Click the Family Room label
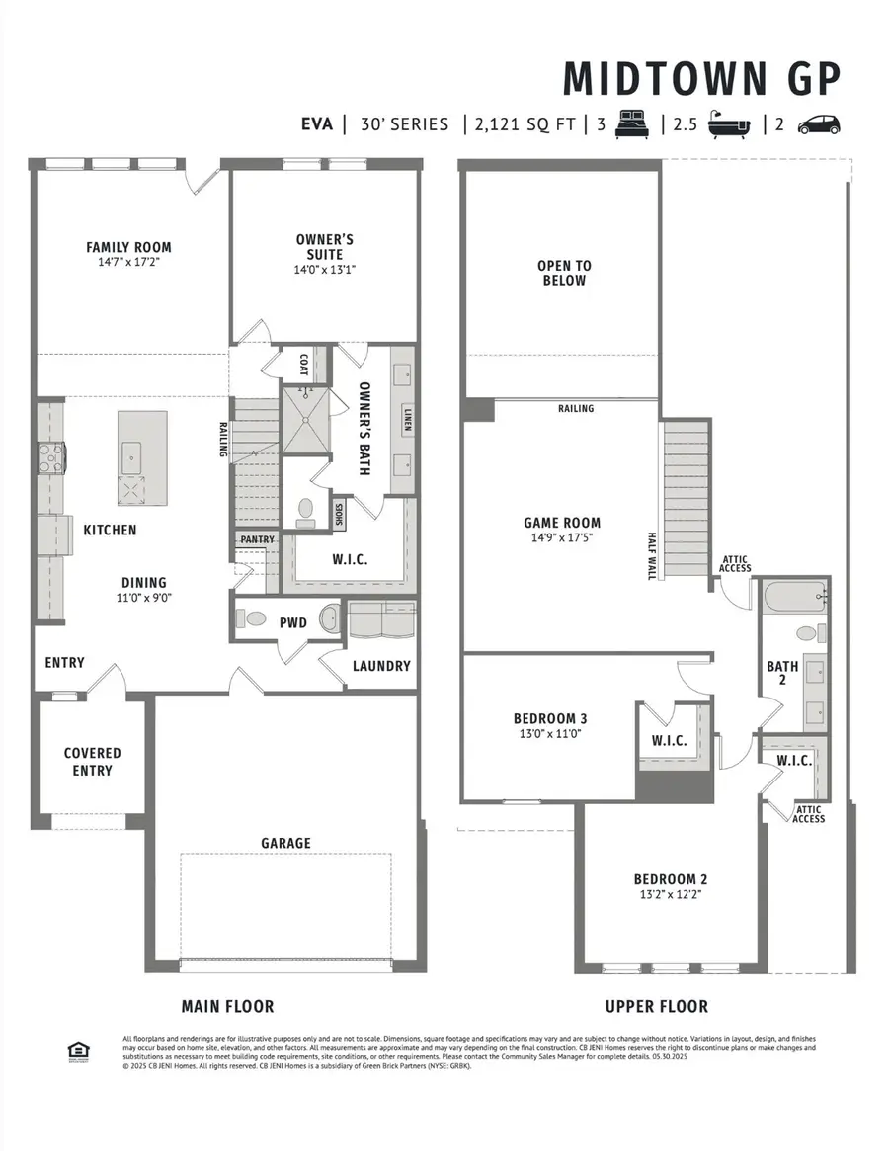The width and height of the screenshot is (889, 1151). pyautogui.click(x=128, y=247)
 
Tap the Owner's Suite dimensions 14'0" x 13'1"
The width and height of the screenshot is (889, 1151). pyautogui.click(x=324, y=270)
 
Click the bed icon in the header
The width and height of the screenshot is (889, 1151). pyautogui.click(x=631, y=124)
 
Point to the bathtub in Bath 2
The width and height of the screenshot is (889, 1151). pyautogui.click(x=793, y=597)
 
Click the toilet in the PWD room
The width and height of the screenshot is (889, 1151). pyautogui.click(x=255, y=619)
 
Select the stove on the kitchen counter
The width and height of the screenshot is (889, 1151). pyautogui.click(x=52, y=457)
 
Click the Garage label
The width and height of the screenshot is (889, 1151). pyautogui.click(x=285, y=843)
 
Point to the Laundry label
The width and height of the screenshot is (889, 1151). pyautogui.click(x=381, y=666)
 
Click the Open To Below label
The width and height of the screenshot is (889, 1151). pyautogui.click(x=564, y=273)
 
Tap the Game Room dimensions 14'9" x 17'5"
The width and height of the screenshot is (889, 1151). pyautogui.click(x=562, y=538)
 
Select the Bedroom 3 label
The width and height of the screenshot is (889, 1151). pyautogui.click(x=551, y=718)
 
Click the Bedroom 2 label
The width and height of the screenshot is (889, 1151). pyautogui.click(x=671, y=879)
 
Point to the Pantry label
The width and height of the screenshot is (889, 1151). pyautogui.click(x=257, y=539)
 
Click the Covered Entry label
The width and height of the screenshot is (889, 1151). pyautogui.click(x=93, y=762)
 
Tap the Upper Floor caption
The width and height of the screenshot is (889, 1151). pyautogui.click(x=657, y=1006)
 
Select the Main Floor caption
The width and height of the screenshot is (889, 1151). pyautogui.click(x=227, y=1006)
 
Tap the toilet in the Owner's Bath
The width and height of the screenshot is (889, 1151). pyautogui.click(x=305, y=509)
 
